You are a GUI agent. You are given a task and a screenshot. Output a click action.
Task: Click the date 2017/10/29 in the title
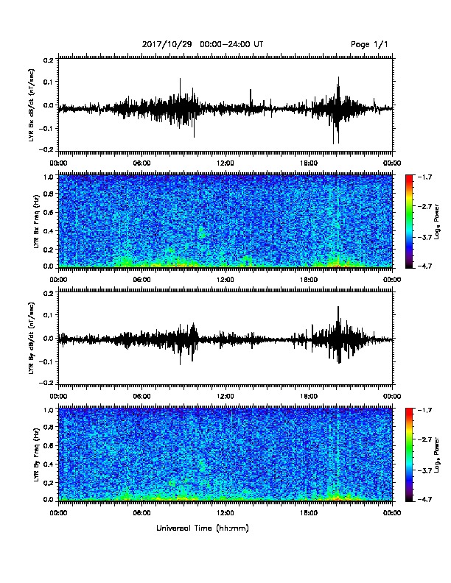click(x=167, y=45)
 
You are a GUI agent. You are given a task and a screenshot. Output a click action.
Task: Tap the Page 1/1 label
click(x=369, y=45)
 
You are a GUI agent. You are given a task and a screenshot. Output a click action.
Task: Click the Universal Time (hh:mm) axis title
click(x=203, y=528)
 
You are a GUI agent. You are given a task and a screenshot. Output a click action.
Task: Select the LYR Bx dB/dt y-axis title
click(x=31, y=105)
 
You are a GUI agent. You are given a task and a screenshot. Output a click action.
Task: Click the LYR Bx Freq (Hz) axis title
click(x=36, y=222)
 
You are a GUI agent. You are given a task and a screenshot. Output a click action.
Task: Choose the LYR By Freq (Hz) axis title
click(x=36, y=455)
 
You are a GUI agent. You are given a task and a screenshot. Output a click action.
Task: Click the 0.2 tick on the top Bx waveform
click(x=49, y=60)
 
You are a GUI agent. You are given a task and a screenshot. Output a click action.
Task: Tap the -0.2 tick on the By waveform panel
click(x=48, y=383)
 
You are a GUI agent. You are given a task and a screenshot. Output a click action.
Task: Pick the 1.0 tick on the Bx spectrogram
click(x=49, y=177)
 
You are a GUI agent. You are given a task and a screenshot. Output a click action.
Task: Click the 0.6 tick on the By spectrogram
click(x=49, y=445)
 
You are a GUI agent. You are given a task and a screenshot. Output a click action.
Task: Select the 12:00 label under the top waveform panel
click(x=225, y=163)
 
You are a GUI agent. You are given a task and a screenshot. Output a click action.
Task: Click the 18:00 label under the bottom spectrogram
click(x=309, y=513)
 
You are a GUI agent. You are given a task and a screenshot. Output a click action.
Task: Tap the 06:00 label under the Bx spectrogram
click(x=141, y=280)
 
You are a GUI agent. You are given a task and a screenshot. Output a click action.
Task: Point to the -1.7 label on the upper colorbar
click(x=424, y=177)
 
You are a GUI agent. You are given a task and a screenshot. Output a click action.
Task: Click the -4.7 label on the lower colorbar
click(x=424, y=499)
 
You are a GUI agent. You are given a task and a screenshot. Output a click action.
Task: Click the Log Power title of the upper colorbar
click(x=437, y=222)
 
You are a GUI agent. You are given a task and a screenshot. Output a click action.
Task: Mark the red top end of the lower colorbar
click(x=409, y=410)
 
